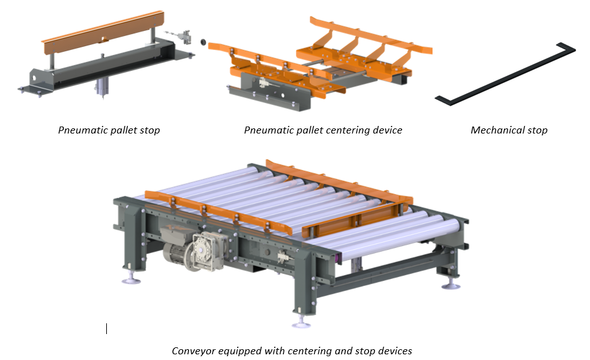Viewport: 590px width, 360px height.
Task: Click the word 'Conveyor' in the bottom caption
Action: [x=192, y=351]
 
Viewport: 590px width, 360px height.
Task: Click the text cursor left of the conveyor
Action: [x=106, y=329]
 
